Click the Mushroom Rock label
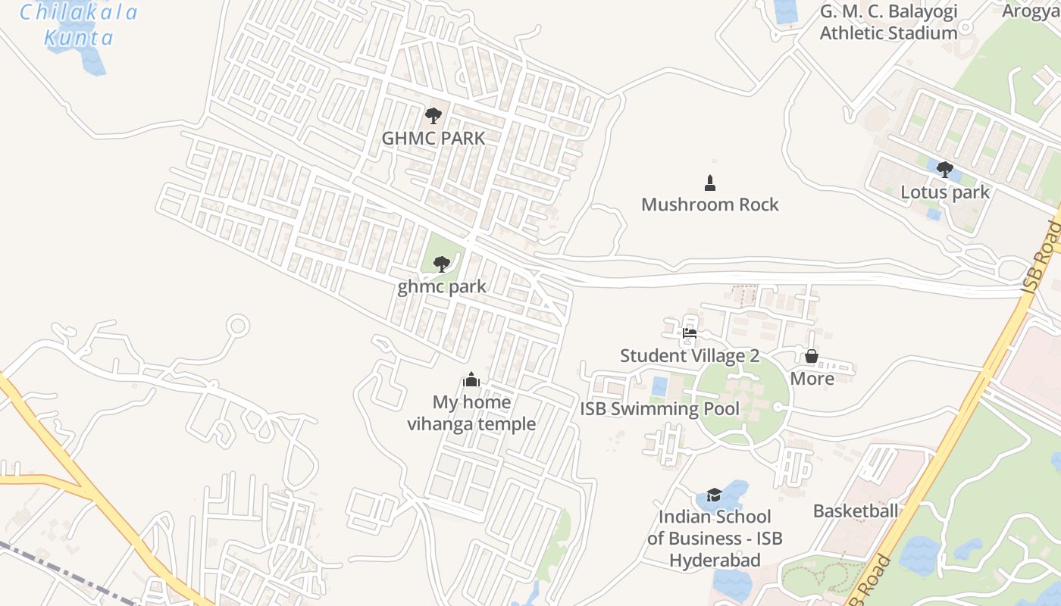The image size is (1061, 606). coord(709,205)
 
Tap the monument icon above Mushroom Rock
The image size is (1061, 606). coord(710,183)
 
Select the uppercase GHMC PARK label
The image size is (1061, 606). coord(433,139)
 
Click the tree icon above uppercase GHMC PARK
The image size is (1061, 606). coord(433,116)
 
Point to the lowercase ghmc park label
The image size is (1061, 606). coord(441,287)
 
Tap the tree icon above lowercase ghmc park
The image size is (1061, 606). coord(441,264)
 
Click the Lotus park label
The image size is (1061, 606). coord(944,192)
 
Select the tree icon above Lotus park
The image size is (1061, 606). coord(944,170)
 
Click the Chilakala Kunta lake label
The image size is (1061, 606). coord(79,25)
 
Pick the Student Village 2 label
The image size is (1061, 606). coord(689,356)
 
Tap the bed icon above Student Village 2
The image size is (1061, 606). coord(689,333)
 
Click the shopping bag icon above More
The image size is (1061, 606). coord(812,356)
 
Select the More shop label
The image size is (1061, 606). coord(812,379)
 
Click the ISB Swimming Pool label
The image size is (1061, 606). coord(659,409)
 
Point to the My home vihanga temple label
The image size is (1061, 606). coord(471,413)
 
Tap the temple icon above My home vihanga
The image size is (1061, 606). coord(471,380)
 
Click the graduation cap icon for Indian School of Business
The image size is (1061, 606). coord(714,495)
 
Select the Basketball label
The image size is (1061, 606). coord(855,511)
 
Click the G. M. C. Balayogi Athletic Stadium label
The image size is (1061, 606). coord(888,22)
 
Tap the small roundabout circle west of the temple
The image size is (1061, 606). coord(238,326)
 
